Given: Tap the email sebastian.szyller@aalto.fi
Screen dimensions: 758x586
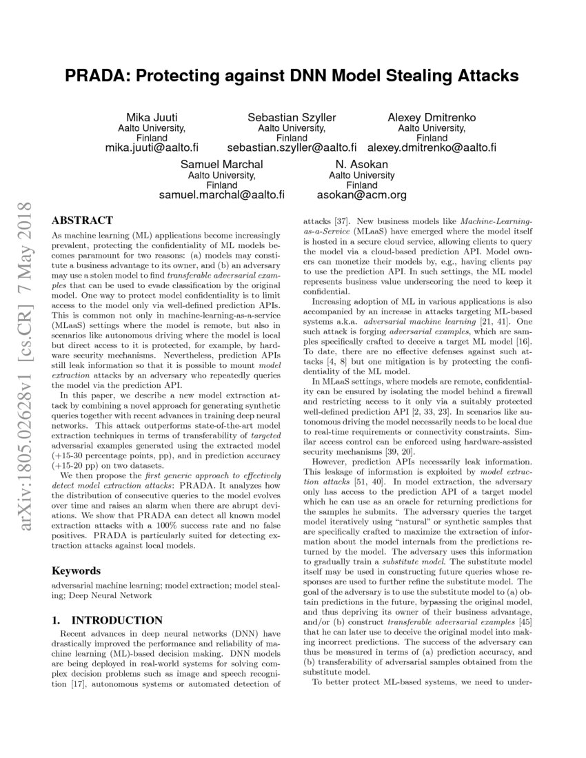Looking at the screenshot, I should coord(292,147).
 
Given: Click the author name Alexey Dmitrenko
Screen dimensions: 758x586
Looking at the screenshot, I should coord(432,117).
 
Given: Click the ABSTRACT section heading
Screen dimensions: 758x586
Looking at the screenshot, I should coord(82,221).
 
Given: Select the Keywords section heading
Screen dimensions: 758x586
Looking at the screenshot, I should coord(77,571).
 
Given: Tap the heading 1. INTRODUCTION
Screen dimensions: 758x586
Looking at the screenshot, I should coord(108,620).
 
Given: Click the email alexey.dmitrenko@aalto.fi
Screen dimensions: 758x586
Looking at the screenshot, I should coord(432,147).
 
